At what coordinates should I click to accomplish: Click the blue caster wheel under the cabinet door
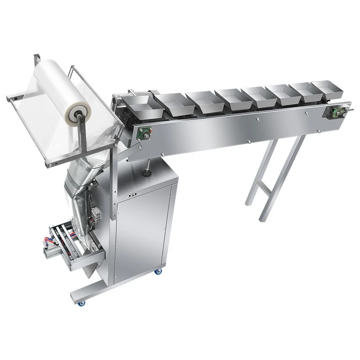pos(159,271)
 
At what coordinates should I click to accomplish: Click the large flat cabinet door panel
pos(143,234)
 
